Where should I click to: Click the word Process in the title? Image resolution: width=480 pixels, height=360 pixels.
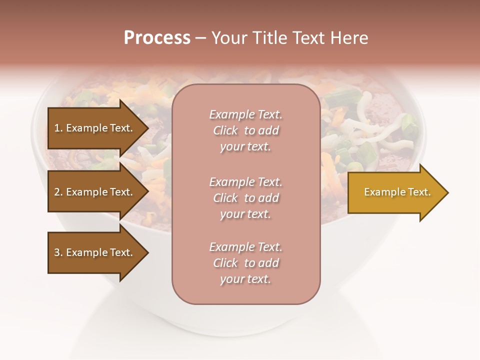pos(157,38)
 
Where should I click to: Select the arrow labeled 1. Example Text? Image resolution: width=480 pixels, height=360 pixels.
pos(95,128)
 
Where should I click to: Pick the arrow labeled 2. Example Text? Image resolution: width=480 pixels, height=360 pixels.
pos(95,192)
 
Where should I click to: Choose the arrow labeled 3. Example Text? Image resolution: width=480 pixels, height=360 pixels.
pos(95,252)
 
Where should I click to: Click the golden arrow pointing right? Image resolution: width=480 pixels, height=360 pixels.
pos(395,192)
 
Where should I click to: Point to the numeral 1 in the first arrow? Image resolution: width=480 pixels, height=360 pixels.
pos(57,128)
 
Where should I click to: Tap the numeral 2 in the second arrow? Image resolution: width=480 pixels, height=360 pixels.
pos(57,192)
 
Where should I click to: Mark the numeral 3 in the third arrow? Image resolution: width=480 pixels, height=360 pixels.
pos(57,252)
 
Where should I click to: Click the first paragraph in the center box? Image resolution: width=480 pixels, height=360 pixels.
pos(246,130)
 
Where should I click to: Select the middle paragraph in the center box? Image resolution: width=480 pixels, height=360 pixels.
pos(246,198)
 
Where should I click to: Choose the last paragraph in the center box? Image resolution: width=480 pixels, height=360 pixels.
pos(246,263)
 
